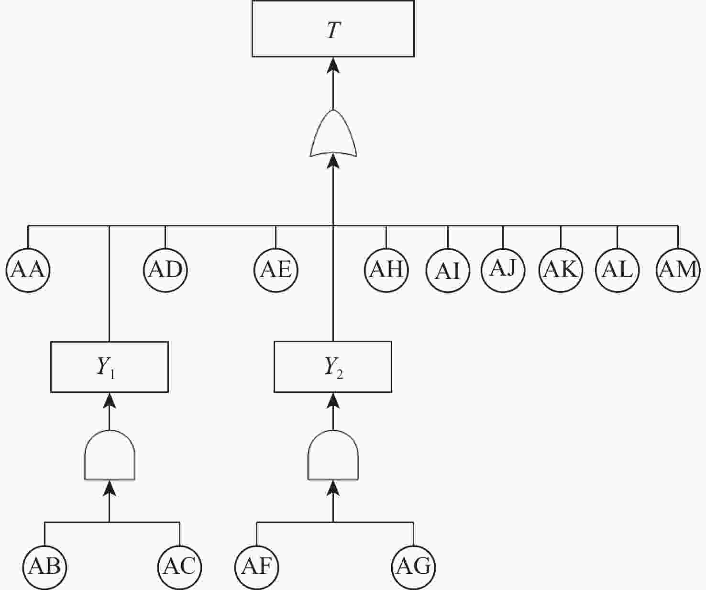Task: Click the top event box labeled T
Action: tap(333, 28)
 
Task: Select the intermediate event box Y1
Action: tap(109, 367)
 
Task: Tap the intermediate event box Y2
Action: tap(333, 367)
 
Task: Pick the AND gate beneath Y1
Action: tap(110, 455)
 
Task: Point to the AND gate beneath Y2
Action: tap(333, 455)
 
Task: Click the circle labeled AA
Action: tap(28, 270)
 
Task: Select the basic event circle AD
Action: tap(165, 270)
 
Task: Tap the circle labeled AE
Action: tap(276, 270)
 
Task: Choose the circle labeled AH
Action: tap(386, 270)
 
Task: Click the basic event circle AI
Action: tap(448, 270)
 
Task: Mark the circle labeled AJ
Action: tap(503, 270)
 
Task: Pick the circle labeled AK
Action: tap(561, 270)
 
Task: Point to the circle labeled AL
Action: tap(618, 270)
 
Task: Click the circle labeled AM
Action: tap(678, 270)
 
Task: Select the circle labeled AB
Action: tap(44, 567)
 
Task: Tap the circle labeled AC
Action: tap(179, 567)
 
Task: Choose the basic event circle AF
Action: tap(257, 567)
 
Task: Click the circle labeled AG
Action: tap(414, 567)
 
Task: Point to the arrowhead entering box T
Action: tap(333, 65)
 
